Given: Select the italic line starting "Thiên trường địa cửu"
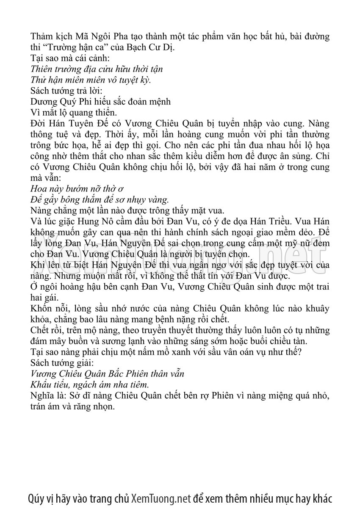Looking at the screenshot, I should click(x=97, y=69).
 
